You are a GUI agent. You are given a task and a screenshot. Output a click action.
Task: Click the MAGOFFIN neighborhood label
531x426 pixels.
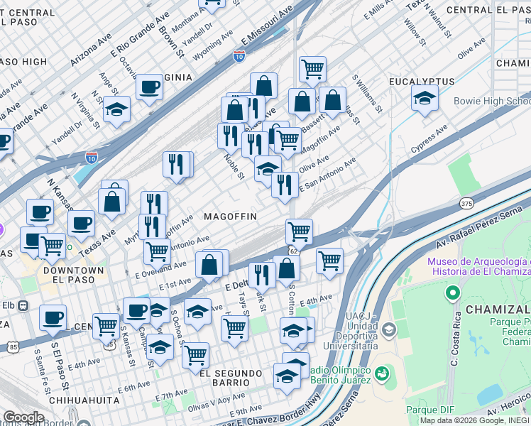[230, 216]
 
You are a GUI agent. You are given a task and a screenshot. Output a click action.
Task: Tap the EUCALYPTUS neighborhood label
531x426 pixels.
[422, 82]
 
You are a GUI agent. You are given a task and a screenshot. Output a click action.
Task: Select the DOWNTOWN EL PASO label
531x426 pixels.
[73, 276]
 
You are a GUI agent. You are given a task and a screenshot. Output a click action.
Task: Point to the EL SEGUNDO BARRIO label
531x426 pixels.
[235, 373]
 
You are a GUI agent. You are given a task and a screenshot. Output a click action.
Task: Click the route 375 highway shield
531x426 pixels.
[466, 202]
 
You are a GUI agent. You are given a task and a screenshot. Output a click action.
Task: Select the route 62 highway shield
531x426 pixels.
[292, 251]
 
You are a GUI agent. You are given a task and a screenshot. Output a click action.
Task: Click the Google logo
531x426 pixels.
[23, 417]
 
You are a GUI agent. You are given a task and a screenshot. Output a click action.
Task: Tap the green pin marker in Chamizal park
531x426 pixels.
[451, 293]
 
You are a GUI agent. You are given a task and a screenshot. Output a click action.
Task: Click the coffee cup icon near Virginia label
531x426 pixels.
[149, 87]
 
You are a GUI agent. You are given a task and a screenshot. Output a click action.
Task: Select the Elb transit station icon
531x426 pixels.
[23, 305]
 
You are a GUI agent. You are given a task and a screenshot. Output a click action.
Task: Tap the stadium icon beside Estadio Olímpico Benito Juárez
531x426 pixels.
[382, 373]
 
